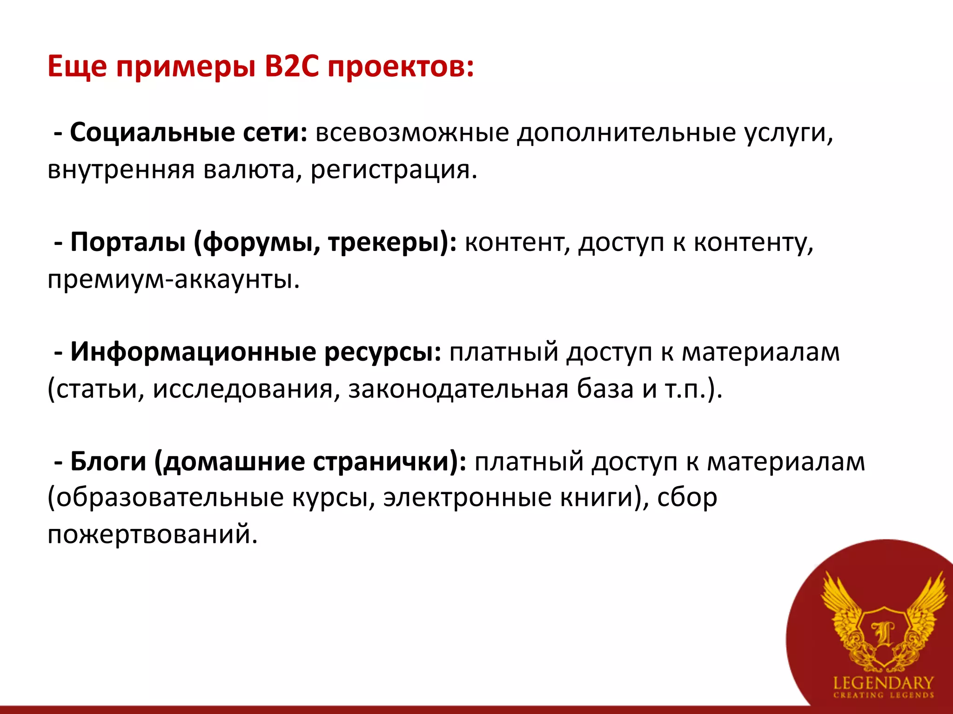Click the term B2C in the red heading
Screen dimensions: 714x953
pos(292,66)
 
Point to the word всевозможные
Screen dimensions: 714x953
pos(412,133)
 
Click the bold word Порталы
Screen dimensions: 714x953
pos(128,243)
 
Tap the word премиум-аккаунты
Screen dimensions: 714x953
pos(174,280)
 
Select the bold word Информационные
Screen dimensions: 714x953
pos(193,352)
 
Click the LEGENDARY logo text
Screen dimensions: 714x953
pos(883,682)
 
